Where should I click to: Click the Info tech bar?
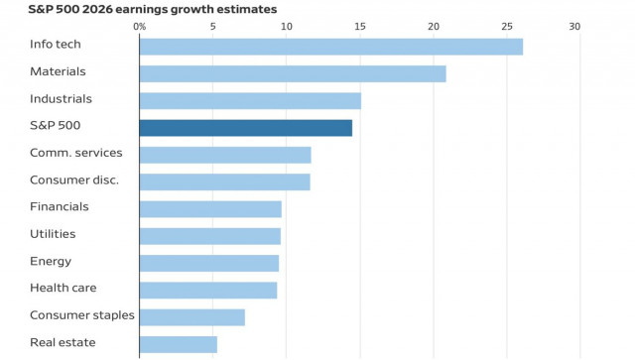coord(330,47)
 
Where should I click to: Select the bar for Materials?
coord(293,73)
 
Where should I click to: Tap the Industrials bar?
coord(250,100)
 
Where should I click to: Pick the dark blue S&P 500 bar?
coord(245,127)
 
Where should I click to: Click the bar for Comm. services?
coord(225,155)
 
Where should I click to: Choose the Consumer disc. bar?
coord(224,181)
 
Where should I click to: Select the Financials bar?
coord(210,208)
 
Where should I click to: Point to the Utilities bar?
coord(209,236)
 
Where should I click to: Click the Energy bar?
coord(208,263)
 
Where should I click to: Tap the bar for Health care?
coord(207,290)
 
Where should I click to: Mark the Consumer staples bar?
coord(191,317)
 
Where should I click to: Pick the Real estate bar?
coord(178,344)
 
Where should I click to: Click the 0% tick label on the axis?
coord(139,26)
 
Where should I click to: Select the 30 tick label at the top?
coord(574,26)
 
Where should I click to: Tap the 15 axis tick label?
coord(360,26)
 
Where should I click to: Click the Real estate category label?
coord(63,342)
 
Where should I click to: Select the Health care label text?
coord(63,288)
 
